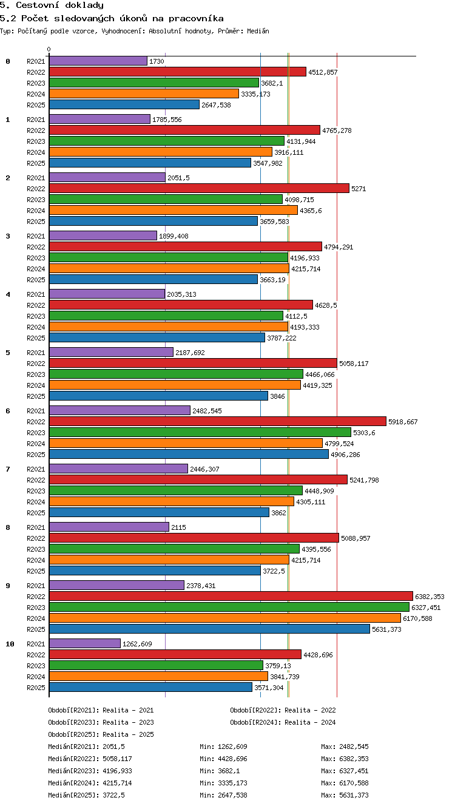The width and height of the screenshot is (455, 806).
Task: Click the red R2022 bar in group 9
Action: (231, 596)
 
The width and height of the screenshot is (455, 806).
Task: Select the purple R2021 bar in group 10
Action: (85, 643)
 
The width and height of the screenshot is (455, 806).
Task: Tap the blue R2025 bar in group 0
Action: (124, 104)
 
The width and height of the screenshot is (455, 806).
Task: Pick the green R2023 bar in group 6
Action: (200, 432)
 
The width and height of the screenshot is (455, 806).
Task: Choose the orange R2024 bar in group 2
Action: (174, 210)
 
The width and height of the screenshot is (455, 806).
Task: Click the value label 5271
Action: (359, 189)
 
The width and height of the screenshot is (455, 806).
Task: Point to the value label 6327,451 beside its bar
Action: (426, 608)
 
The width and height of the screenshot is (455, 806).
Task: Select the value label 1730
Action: (157, 61)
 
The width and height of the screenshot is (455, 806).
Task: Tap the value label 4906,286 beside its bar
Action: (345, 455)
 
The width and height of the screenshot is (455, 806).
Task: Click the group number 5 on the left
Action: (8, 353)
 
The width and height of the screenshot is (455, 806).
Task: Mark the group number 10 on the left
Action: (10, 644)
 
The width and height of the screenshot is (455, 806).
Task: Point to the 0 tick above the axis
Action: (49, 49)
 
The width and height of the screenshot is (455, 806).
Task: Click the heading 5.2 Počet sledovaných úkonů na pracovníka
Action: (112, 18)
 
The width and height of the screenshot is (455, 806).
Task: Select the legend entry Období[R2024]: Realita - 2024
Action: (283, 722)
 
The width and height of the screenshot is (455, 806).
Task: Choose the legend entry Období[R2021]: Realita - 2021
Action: (101, 710)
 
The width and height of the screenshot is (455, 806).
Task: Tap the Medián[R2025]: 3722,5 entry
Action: (86, 795)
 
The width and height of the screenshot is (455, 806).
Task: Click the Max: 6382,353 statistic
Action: (345, 759)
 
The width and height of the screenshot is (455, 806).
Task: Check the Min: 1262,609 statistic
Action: (223, 747)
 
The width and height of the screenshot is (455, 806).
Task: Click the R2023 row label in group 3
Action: (36, 258)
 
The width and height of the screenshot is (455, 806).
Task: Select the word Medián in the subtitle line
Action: (258, 31)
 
